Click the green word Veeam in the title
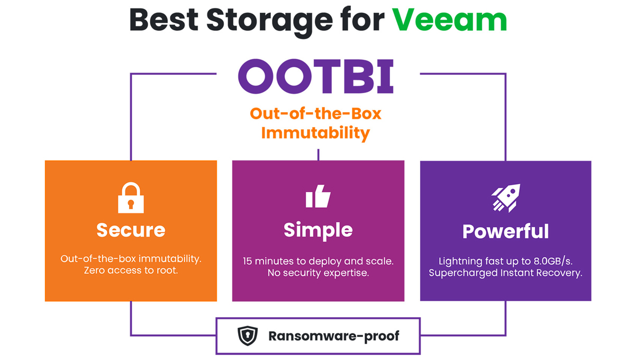[449, 20]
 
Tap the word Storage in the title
[269, 23]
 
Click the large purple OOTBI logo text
[316, 76]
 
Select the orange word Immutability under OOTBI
[315, 133]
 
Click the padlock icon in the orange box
[131, 197]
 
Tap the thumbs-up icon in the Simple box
[318, 196]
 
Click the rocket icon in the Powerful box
[506, 197]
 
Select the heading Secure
[131, 230]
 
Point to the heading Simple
[318, 231]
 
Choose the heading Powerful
[505, 231]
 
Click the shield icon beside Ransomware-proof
[248, 336]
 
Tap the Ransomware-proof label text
[334, 336]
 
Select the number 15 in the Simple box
[247, 262]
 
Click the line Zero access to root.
[131, 271]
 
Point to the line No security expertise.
[318, 273]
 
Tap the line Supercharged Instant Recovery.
[505, 273]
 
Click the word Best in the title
[164, 20]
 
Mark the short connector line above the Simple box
[319, 155]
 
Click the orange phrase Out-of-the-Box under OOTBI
[315, 114]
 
